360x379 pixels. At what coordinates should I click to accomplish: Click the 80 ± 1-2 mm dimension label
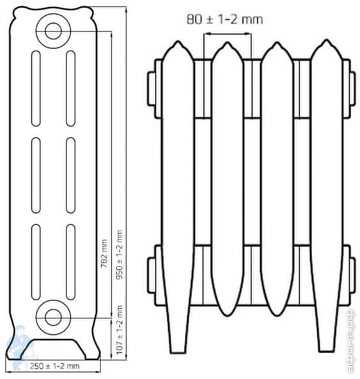pos(224,19)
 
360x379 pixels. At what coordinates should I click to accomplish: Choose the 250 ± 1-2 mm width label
pos(54,366)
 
